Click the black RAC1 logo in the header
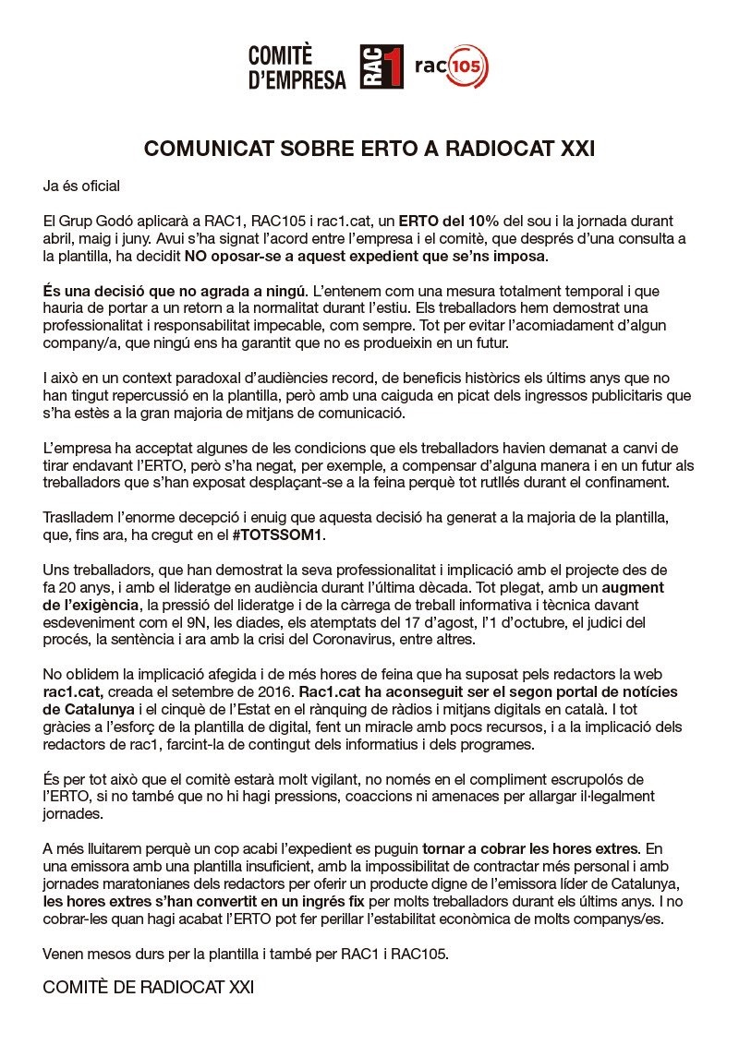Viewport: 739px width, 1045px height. [382, 67]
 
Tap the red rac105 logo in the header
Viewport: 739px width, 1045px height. [452, 66]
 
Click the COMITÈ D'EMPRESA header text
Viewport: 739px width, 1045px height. [297, 67]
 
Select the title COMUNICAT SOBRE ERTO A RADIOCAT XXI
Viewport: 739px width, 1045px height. [369, 149]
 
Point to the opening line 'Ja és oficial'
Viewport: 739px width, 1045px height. [81, 186]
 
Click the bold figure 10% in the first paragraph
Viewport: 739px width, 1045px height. [482, 222]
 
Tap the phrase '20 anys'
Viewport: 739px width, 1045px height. [86, 586]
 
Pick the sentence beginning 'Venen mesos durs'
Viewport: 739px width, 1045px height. [247, 954]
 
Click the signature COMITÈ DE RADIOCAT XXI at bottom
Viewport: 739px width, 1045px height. [148, 988]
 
